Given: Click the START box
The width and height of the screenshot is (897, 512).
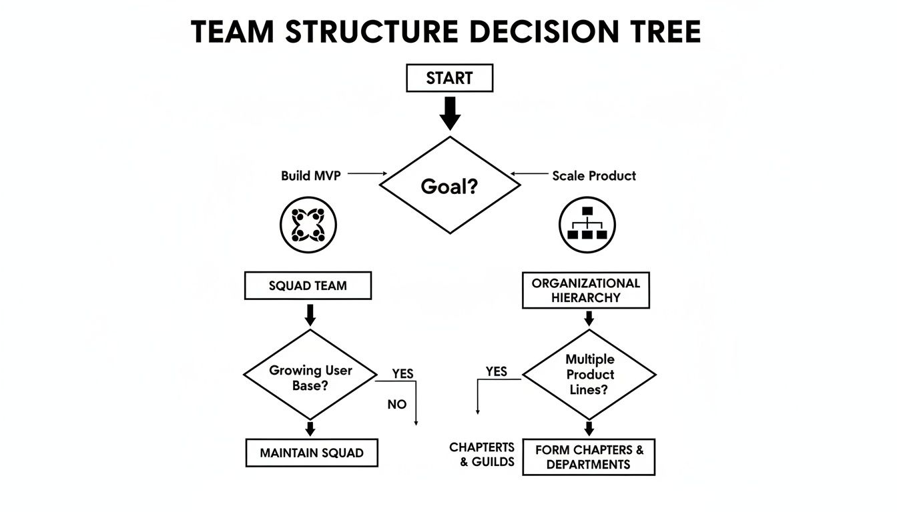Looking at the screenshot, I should coord(449,78).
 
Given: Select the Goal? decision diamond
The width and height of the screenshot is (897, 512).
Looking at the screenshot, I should coord(449,185).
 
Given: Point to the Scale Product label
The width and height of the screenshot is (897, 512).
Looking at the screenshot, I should coord(594,176).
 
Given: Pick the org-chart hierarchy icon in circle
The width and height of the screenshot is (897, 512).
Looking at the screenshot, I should coord(587,225).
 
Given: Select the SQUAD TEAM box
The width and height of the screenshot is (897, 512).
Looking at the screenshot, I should coord(308,286).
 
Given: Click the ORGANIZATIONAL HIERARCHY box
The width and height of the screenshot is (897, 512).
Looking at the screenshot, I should coord(585,290).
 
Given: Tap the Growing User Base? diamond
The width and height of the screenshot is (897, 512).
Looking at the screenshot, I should coord(310,378).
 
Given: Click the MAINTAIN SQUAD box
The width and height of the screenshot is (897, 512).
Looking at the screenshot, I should coord(311,453).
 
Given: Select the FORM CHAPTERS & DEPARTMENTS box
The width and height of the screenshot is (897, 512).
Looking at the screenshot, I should coord(589,457).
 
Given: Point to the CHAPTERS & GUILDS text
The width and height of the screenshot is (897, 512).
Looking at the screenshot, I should coord(482,454).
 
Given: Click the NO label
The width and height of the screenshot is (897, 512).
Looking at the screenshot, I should coord(396,405).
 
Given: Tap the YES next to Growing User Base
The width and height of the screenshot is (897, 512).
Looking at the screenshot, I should coord(402,374).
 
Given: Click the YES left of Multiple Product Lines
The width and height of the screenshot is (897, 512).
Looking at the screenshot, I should coord(496,371).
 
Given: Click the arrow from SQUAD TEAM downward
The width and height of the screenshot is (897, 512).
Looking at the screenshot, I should coord(309,314).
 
